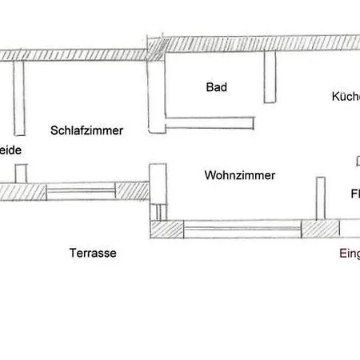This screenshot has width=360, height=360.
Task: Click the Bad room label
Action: (216, 87)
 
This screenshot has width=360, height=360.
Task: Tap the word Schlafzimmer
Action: (86, 130)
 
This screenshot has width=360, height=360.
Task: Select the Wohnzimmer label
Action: (240, 175)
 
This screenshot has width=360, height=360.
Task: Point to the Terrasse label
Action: (93, 253)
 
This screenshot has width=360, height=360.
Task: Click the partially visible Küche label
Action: (346, 97)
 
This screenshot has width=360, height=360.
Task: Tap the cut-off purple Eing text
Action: (349, 254)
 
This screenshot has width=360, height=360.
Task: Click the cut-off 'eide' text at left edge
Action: (10, 150)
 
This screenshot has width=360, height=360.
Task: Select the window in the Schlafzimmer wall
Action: (80, 191)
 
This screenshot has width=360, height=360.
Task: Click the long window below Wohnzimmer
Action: (242, 230)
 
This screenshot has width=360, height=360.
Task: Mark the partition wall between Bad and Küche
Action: (270, 78)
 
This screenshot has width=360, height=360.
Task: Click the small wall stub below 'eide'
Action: (22, 173)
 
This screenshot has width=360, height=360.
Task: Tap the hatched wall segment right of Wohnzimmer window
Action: (319, 229)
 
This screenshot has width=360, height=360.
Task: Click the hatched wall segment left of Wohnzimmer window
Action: (168, 230)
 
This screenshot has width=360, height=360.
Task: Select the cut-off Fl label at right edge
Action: (354, 194)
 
